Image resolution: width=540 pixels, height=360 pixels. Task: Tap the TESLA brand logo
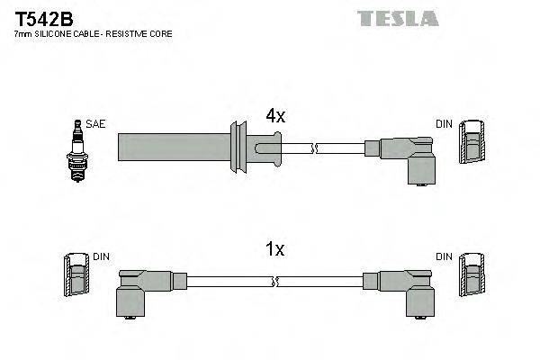point(397,18)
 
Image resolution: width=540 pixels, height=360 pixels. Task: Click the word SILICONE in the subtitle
point(58,34)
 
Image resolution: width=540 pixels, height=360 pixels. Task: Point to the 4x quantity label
point(274,116)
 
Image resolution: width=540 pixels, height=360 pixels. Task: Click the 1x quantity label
point(274,250)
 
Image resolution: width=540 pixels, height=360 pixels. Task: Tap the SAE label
point(95,124)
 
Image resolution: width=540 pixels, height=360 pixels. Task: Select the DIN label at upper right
point(445,124)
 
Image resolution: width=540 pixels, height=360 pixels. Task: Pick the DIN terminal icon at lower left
point(76,275)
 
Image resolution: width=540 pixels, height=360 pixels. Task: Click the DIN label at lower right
point(445,256)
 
